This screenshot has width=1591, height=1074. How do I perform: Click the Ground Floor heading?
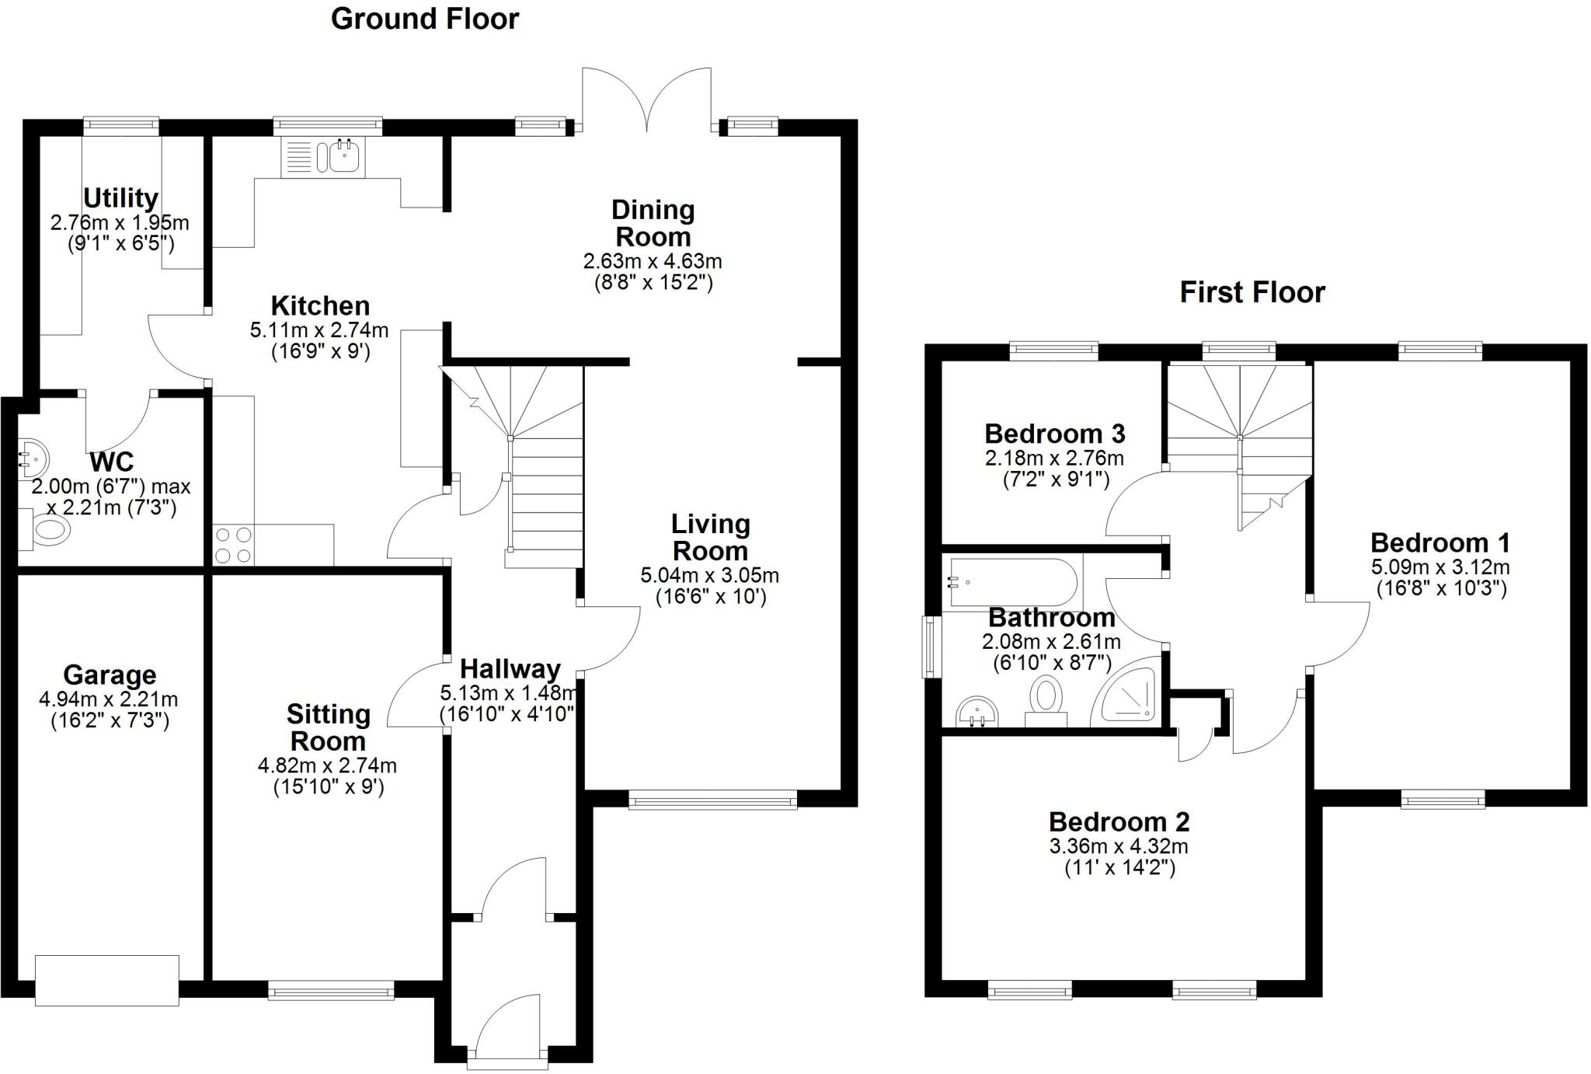click(x=425, y=19)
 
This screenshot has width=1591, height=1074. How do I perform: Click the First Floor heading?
click(x=1252, y=292)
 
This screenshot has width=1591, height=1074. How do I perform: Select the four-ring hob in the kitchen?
click(x=233, y=545)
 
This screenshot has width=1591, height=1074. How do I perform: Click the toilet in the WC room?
click(x=48, y=530)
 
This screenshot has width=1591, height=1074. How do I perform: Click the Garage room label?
click(x=110, y=675)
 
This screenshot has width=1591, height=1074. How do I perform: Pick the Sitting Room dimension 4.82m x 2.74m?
click(x=327, y=765)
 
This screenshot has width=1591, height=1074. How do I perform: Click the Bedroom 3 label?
click(x=1054, y=433)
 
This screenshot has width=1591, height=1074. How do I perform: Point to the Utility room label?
click(x=120, y=198)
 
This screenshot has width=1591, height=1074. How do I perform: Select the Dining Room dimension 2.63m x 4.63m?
click(x=653, y=261)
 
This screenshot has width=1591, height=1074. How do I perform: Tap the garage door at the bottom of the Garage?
click(x=107, y=981)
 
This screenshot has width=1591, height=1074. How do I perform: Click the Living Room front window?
click(x=712, y=800)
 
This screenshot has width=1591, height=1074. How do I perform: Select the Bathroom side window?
click(x=930, y=646)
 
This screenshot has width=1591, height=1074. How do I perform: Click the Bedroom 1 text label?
click(x=1440, y=542)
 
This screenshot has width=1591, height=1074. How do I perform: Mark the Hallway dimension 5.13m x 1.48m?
click(x=509, y=692)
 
